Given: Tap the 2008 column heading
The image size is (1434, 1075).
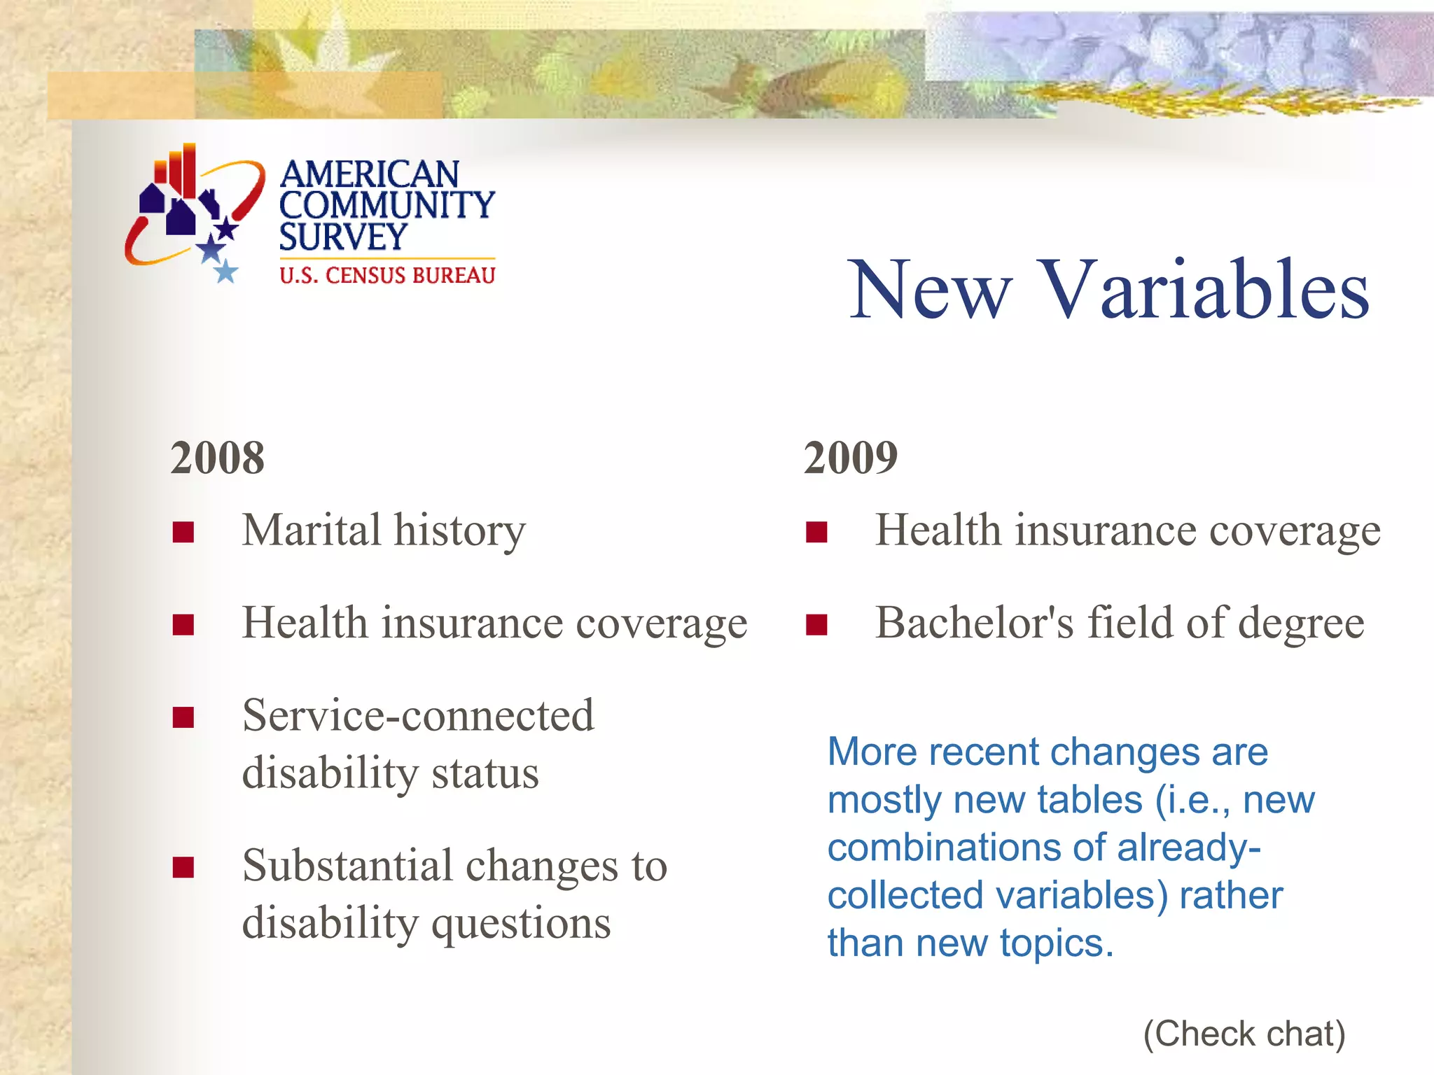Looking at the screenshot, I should pos(217,458).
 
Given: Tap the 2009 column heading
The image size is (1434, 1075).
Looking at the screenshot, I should pos(850,458).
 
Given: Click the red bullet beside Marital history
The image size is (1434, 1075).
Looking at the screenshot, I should pos(183,533).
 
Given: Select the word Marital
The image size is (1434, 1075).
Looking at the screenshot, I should pos(312,530).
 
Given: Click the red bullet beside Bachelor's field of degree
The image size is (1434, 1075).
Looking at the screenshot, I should pos(816,624).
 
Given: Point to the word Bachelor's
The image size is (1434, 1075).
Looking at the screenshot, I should pos(974,622).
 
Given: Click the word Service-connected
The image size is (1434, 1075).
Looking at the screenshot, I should pos(418,716).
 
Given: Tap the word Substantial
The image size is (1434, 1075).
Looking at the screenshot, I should pos(347,866).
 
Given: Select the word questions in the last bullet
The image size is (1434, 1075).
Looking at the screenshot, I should pos(521,924).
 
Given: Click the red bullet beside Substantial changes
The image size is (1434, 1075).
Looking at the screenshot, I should pos(183,867).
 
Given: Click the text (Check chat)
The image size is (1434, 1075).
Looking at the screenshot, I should pos(1244,1034).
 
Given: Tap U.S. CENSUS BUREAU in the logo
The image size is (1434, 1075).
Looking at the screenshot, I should pos(387,276).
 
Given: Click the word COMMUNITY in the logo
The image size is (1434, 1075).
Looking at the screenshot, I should pos(387,205).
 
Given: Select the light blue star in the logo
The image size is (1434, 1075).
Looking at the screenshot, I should pos(225,271).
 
